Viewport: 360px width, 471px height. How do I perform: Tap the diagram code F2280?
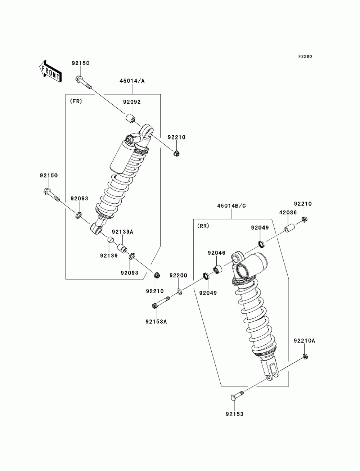pos(305,56)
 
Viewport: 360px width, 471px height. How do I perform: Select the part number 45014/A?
pos(132,81)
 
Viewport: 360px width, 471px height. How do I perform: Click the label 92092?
pos(132,102)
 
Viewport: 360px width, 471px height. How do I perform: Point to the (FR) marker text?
pos(76,101)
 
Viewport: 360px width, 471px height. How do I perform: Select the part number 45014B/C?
pos(231,205)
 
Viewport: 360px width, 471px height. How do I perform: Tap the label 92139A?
pos(122,232)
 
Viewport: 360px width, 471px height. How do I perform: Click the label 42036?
pos(288,212)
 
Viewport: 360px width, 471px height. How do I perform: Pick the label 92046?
pos(216,253)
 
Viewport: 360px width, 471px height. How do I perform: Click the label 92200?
pos(179,275)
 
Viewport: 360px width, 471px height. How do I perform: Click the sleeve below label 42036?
pos(290,228)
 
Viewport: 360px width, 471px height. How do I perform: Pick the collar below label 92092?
pos(130,119)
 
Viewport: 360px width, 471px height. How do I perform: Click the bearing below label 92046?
pos(218,269)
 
